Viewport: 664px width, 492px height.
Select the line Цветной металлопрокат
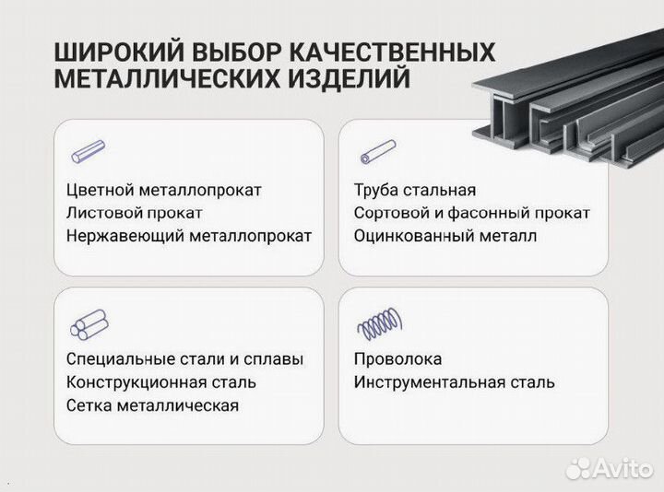164,190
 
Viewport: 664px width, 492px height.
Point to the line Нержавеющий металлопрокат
189,236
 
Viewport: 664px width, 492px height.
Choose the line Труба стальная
414,190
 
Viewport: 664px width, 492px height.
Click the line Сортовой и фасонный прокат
471,213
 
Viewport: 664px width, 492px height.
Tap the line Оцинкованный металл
445,236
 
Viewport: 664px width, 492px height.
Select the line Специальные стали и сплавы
184,359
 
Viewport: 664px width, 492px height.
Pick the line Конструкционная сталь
161,381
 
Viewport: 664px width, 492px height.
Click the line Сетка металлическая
152,404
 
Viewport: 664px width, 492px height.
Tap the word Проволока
397,359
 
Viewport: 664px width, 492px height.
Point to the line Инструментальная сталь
454,381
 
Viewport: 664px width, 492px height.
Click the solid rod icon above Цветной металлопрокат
88,151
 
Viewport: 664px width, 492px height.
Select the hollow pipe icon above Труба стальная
377,151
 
